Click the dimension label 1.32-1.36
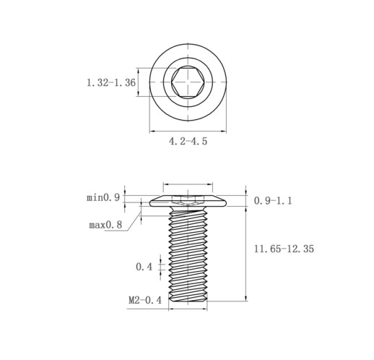point(111,82)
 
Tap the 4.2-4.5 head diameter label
point(188,141)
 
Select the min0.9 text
point(103,198)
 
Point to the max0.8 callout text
point(105,225)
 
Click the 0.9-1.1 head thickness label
point(273,201)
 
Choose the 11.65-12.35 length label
point(284,249)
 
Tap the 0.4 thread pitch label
point(144,267)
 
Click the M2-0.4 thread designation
point(145,300)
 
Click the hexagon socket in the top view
point(188,82)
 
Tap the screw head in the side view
point(188,201)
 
